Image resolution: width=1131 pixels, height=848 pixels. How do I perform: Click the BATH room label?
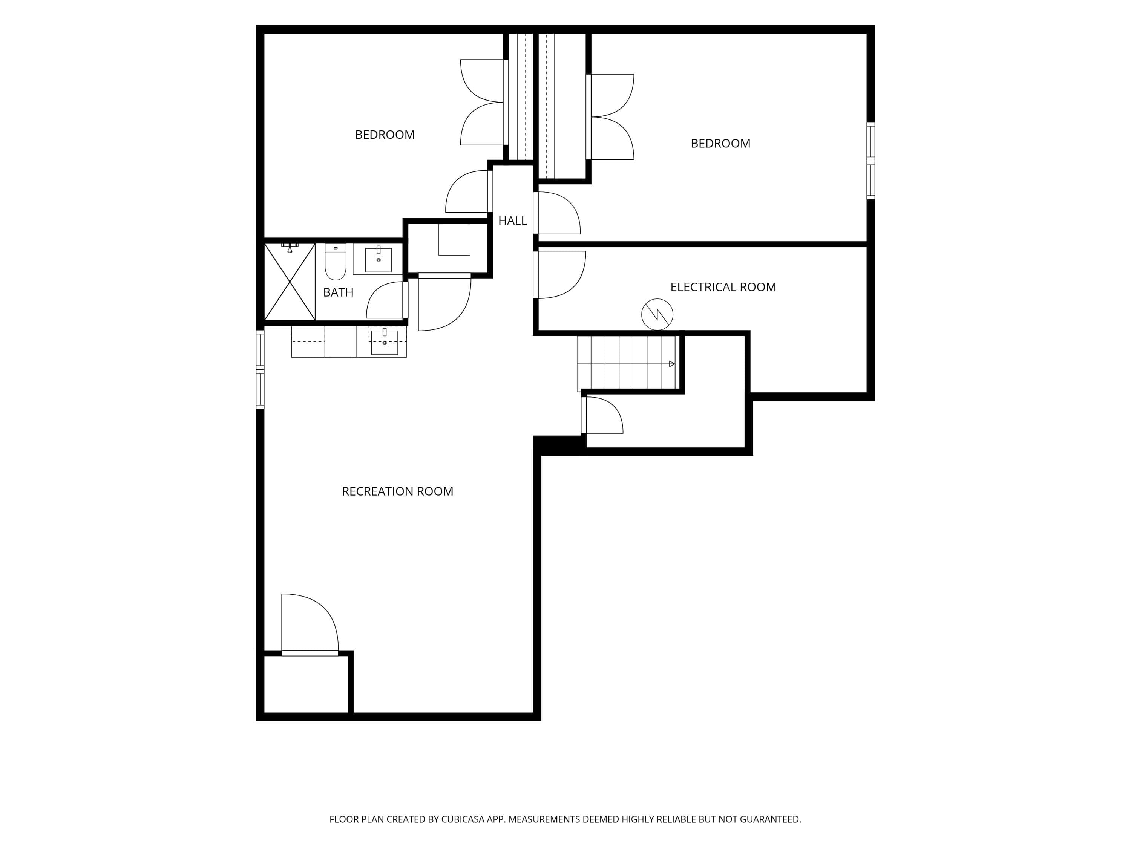(338, 292)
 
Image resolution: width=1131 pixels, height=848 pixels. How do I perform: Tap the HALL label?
(512, 221)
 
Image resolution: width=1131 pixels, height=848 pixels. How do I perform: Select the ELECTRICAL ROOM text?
(723, 287)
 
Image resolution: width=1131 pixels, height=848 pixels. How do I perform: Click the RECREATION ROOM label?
(397, 491)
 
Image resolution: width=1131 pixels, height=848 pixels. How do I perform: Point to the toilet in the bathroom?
(336, 261)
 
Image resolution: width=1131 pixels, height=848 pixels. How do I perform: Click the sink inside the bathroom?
(379, 260)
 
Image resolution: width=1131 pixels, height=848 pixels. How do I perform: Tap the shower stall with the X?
(290, 282)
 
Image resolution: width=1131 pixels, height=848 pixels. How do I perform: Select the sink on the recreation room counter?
(384, 342)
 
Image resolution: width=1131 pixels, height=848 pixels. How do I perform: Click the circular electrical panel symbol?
(657, 314)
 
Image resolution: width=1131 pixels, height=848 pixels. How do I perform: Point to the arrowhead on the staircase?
(672, 364)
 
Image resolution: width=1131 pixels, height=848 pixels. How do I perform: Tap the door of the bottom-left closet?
(310, 624)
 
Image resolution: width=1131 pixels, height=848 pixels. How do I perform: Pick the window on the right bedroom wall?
(871, 161)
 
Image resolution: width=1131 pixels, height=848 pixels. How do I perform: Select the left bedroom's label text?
(385, 135)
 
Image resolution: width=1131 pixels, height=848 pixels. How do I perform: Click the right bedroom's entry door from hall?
(557, 213)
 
